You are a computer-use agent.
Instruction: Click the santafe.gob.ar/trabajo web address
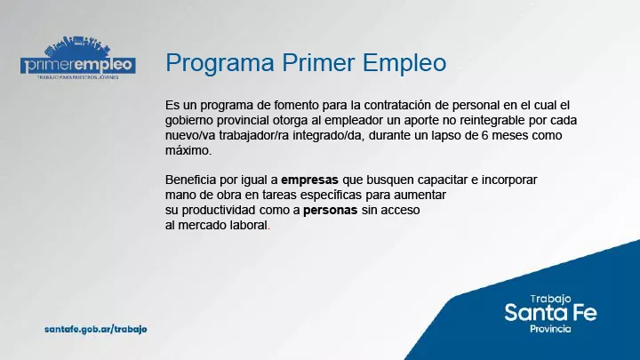tap(96, 329)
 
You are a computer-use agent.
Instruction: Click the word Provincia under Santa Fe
tap(549, 329)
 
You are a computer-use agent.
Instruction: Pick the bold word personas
tap(331, 211)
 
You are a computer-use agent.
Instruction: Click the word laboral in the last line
tap(246, 226)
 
